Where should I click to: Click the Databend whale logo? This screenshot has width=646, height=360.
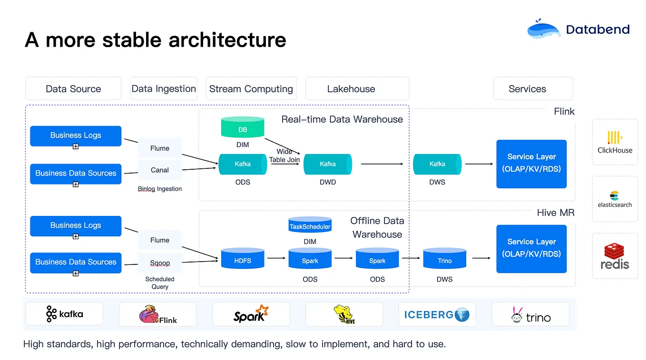[544, 30]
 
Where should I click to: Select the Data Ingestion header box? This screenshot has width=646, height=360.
[164, 89]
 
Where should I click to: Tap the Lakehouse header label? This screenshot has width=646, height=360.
[351, 89]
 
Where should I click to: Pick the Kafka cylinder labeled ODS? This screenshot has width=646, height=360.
[243, 164]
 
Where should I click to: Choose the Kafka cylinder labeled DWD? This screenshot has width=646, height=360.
[327, 164]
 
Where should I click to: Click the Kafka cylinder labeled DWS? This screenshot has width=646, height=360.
[437, 164]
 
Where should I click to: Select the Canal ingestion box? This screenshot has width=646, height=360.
[160, 170]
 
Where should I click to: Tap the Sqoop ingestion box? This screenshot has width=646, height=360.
[160, 263]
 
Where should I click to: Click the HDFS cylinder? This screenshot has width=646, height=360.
[243, 260]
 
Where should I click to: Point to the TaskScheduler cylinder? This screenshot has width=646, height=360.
[310, 226]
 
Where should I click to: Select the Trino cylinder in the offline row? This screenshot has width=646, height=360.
[444, 260]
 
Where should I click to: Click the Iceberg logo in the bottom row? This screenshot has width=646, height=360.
[436, 314]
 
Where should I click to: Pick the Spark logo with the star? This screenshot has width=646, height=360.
[251, 314]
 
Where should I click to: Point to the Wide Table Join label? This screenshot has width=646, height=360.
[284, 156]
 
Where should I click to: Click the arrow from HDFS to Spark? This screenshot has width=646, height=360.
[276, 258]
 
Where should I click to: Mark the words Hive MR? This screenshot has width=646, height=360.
[556, 213]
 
